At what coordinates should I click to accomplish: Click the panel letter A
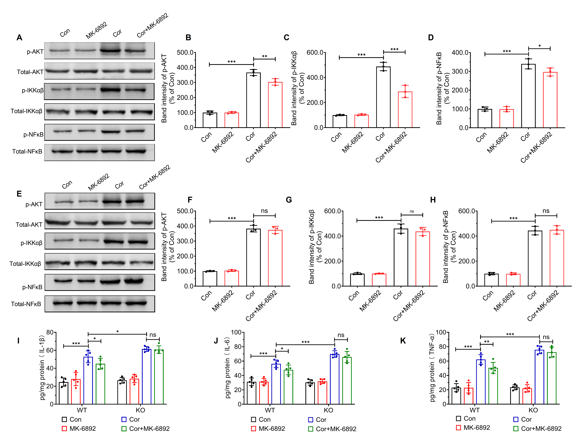(x=19, y=38)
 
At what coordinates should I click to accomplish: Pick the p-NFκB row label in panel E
(x=32, y=287)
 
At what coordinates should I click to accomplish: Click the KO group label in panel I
(x=140, y=410)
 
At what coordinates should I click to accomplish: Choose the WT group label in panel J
(x=270, y=410)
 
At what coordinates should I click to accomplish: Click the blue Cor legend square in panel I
(x=124, y=419)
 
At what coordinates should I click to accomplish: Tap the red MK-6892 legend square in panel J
(x=253, y=429)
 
